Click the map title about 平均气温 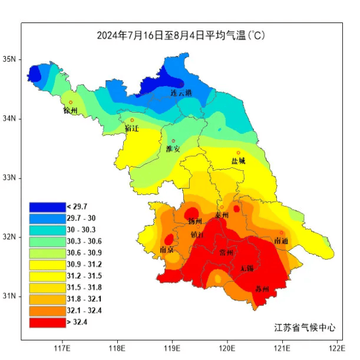click(180, 35)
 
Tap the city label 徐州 click(71, 111)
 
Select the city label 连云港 click(181, 93)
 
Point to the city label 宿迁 click(132, 128)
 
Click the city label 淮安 click(173, 149)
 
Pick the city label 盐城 click(238, 161)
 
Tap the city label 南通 click(282, 241)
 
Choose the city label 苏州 click(262, 289)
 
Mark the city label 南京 click(167, 250)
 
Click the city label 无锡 click(247, 269)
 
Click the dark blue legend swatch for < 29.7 click(47, 207)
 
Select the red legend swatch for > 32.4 click(47, 322)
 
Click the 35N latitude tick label click(11, 60)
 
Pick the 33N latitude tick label click(11, 178)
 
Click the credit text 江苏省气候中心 click(305, 328)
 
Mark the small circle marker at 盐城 click(239, 153)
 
